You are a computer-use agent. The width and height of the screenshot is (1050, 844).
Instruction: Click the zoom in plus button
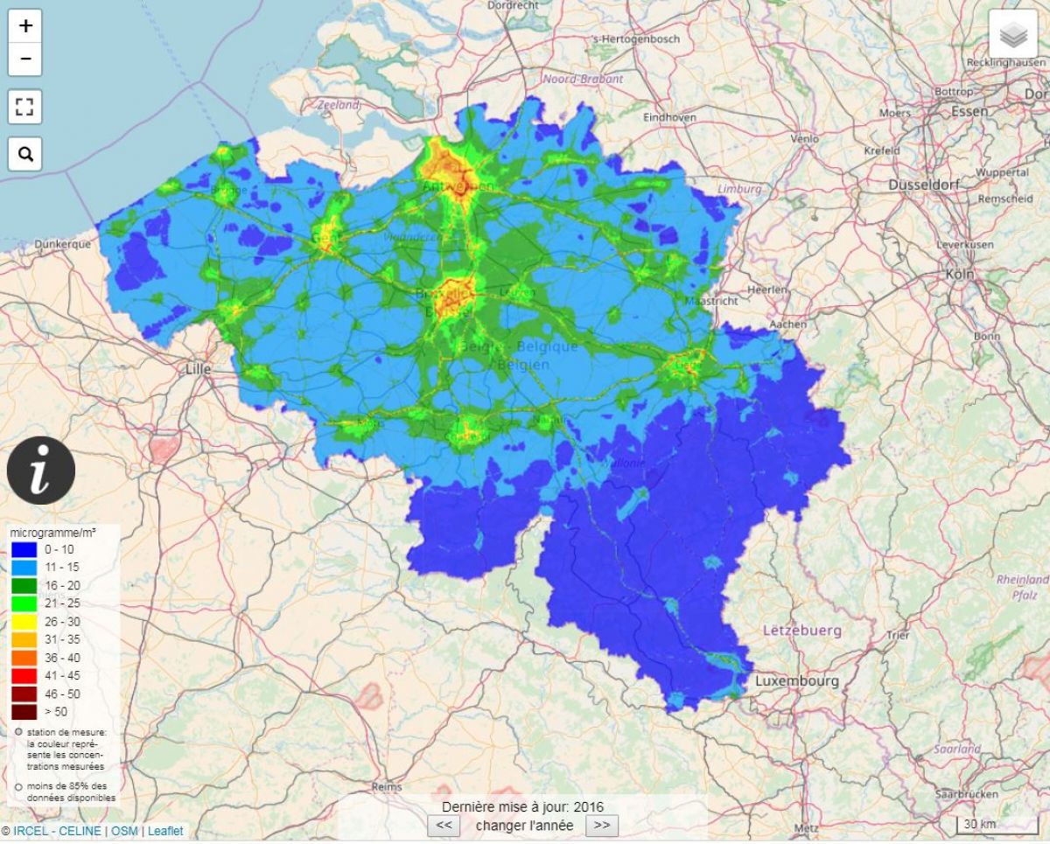coord(25,26)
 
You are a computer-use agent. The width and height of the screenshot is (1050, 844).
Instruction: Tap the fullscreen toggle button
coord(25,108)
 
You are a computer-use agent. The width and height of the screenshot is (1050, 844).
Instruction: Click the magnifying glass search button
coord(25,155)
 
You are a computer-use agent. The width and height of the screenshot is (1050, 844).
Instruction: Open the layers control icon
coord(1013,34)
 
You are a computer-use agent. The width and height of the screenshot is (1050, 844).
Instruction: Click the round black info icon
coord(41,471)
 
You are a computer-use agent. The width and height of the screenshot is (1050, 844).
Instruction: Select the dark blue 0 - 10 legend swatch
coord(24,548)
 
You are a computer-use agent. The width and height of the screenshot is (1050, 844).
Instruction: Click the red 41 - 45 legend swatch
coord(24,675)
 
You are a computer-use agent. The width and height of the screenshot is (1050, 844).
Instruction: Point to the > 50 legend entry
coord(24,711)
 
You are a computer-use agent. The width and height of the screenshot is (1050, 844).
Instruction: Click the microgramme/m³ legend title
coord(53,532)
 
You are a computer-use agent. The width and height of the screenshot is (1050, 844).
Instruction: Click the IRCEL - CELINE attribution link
coord(57,831)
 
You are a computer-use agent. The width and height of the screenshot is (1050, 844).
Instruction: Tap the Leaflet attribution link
coord(165,831)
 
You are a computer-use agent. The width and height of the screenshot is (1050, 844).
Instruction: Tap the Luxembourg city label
coord(796,680)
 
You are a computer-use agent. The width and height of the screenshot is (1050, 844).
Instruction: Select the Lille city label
coord(199,369)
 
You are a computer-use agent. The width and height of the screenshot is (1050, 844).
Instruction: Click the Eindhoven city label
coord(669,117)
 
